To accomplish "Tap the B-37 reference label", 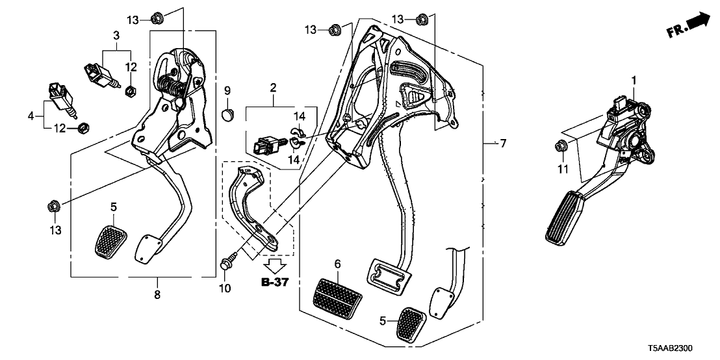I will (274, 282).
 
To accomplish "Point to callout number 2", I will (274, 87).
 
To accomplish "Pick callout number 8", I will (157, 295).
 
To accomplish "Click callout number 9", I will (228, 89).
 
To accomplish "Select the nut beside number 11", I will (560, 146).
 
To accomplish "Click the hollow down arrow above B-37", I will (275, 264).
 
